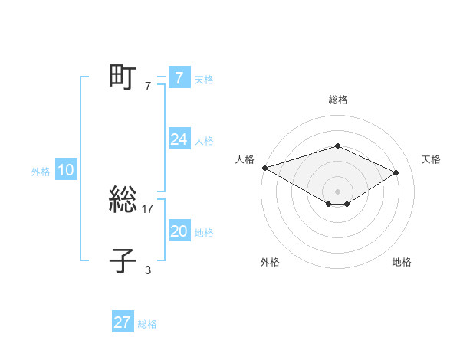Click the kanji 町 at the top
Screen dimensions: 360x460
(123, 78)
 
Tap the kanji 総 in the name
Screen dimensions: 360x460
(123, 201)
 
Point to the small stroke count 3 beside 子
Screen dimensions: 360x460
(148, 270)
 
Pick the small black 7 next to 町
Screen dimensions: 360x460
(148, 86)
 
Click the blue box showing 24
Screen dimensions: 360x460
(179, 139)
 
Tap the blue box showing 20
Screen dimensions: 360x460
(179, 231)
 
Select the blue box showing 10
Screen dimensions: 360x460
(66, 170)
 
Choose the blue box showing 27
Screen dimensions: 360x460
(123, 322)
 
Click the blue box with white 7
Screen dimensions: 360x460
(179, 78)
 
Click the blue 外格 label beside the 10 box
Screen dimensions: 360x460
(41, 172)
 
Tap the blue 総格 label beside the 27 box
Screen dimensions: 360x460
(147, 324)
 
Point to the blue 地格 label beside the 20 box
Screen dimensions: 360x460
(204, 233)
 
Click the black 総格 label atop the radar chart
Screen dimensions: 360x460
(337, 100)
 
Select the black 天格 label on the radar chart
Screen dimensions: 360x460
(431, 159)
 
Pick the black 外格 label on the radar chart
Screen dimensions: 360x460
(270, 263)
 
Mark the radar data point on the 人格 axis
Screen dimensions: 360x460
(264, 167)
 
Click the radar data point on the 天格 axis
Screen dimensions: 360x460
(396, 172)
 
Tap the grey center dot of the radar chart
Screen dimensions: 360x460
(337, 191)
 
